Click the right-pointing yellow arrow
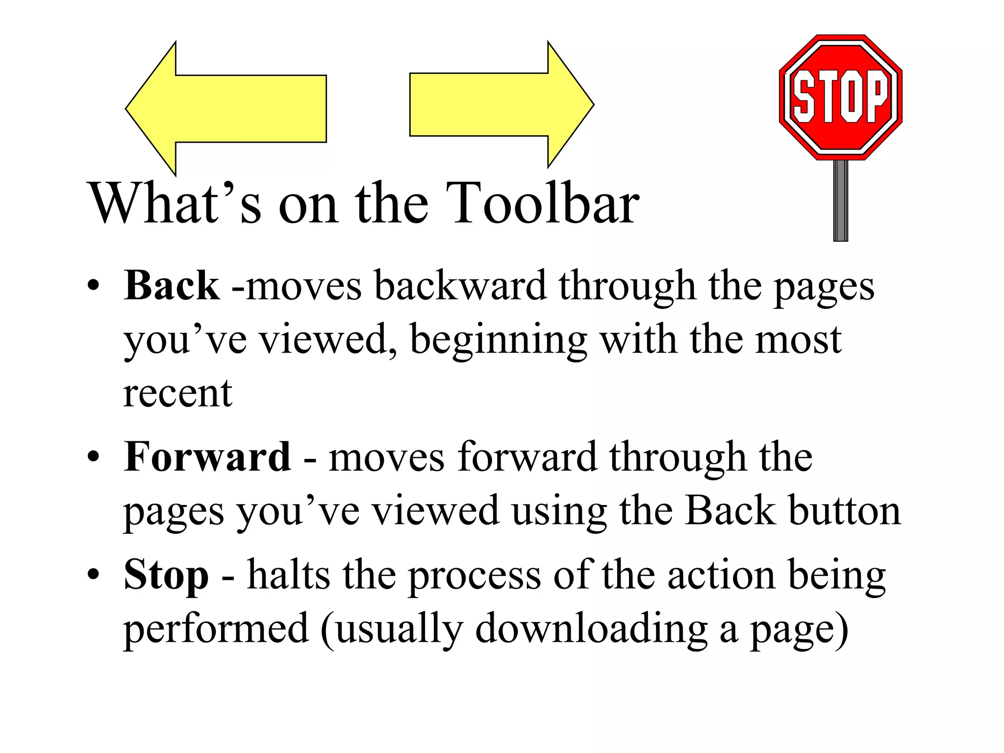pyautogui.click(x=495, y=104)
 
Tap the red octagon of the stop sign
pyautogui.click(x=840, y=97)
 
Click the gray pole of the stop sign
pyautogui.click(x=840, y=201)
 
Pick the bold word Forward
pyautogui.click(x=207, y=457)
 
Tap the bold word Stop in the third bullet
pyautogui.click(x=166, y=575)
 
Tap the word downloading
pyautogui.click(x=591, y=629)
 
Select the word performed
pyautogui.click(x=216, y=629)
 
